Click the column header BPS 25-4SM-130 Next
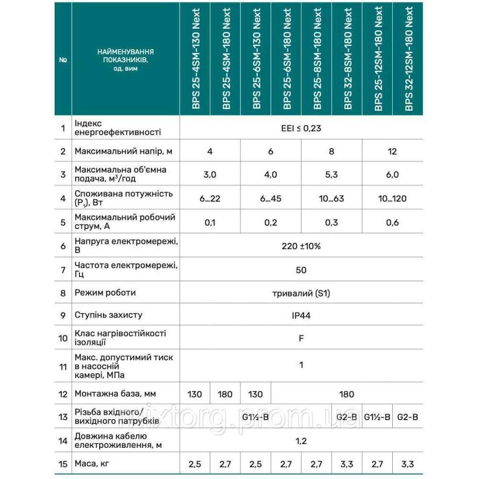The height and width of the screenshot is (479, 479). (195, 59)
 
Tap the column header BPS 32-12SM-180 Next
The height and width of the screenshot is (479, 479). (409, 59)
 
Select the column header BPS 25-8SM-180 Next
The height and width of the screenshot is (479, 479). (317, 59)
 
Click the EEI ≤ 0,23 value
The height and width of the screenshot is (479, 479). (301, 128)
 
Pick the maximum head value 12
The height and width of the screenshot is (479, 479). (392, 151)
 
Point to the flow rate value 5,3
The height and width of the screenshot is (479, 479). (331, 175)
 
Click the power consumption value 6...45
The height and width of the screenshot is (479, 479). (271, 198)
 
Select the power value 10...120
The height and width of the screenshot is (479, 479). (392, 198)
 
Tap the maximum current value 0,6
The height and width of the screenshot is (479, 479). (392, 222)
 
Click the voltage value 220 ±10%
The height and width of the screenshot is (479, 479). (301, 246)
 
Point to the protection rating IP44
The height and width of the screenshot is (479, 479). (301, 315)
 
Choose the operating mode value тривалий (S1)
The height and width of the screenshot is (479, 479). (301, 293)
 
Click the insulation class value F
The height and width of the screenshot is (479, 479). (301, 338)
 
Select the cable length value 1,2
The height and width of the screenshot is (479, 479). (301, 441)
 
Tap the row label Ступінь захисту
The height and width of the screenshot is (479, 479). (108, 315)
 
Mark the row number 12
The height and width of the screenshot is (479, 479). (63, 394)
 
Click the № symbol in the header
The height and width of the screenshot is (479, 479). (63, 60)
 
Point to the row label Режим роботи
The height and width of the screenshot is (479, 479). (105, 293)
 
